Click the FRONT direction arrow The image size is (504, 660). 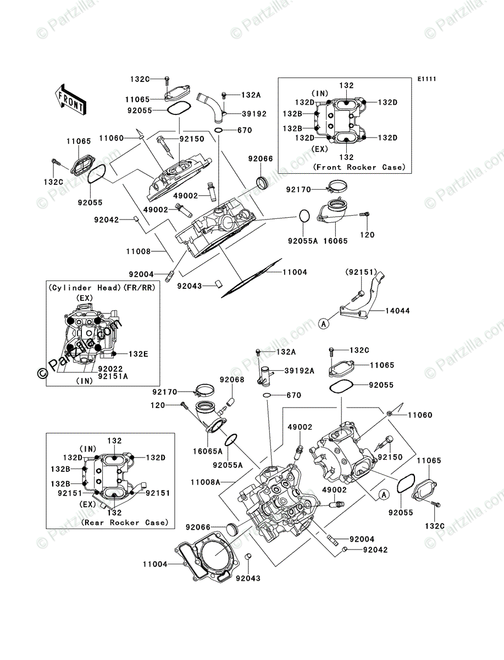point(70,99)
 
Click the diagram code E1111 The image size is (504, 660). point(427,79)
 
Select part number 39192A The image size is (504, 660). point(299,371)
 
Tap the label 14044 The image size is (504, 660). point(398,311)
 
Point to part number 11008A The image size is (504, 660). point(206,482)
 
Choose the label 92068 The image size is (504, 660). point(232,380)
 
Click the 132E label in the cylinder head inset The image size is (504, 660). point(139,354)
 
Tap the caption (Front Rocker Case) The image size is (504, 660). point(359,167)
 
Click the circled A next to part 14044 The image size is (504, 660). point(324,324)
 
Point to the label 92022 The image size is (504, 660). point(110,369)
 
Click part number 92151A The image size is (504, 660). point(113,376)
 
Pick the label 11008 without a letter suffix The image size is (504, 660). point(138,251)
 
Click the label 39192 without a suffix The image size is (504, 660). point(254,114)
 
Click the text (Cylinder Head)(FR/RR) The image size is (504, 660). point(102,288)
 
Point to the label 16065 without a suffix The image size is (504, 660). point(335,241)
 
